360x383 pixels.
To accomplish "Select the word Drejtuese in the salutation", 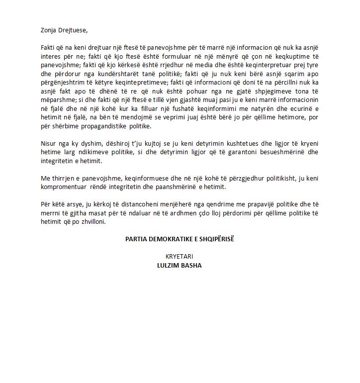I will coord(73,30).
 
